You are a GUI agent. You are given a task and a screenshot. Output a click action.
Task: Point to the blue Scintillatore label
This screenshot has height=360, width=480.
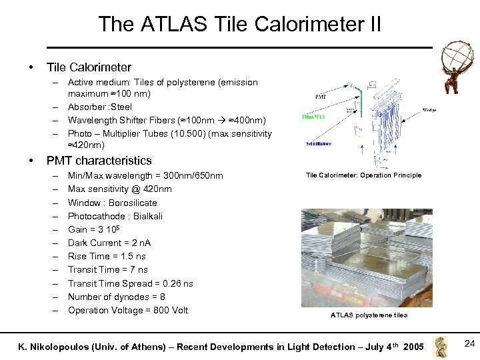318,143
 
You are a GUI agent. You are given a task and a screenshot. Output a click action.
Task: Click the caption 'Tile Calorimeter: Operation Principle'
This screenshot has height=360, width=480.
363,175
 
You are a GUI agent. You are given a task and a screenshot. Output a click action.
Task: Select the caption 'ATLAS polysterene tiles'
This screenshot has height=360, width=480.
369,315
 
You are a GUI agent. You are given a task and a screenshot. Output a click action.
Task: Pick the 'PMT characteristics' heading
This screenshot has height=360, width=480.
99,161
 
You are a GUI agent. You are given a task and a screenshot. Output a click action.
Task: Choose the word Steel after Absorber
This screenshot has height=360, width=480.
122,107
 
